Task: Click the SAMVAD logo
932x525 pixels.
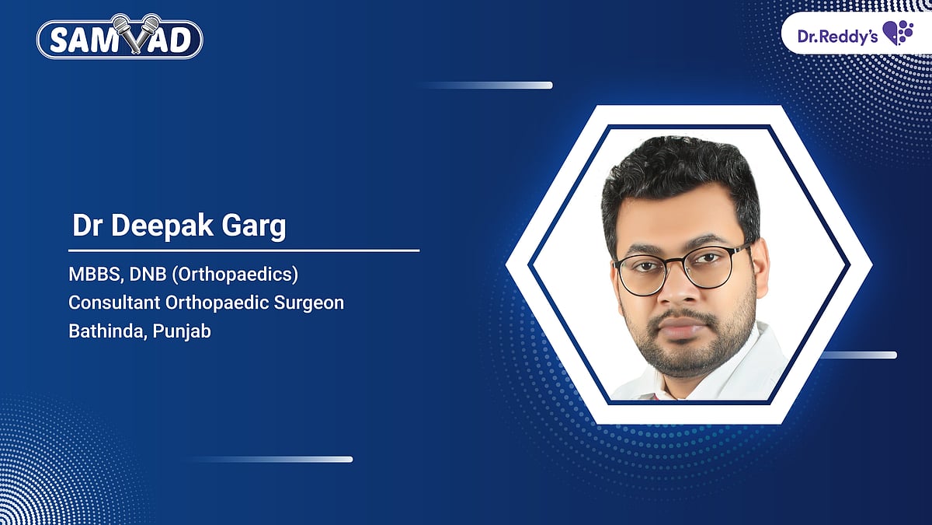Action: point(120,39)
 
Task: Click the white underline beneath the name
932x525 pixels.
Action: point(244,250)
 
